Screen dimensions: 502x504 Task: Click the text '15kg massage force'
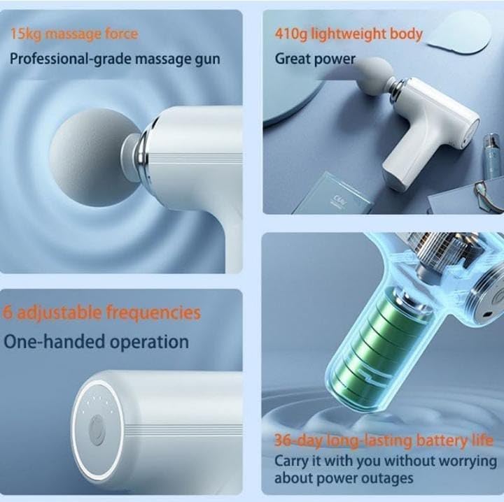[x=73, y=33]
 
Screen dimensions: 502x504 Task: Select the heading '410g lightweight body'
[x=349, y=33]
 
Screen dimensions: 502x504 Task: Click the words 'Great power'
[x=315, y=59]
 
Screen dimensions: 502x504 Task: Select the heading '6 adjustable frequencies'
[x=101, y=312]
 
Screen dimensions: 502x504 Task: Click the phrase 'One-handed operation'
[x=97, y=342]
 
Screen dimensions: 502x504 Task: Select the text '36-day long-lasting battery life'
[x=384, y=440]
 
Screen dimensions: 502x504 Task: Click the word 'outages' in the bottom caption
[x=389, y=478]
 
